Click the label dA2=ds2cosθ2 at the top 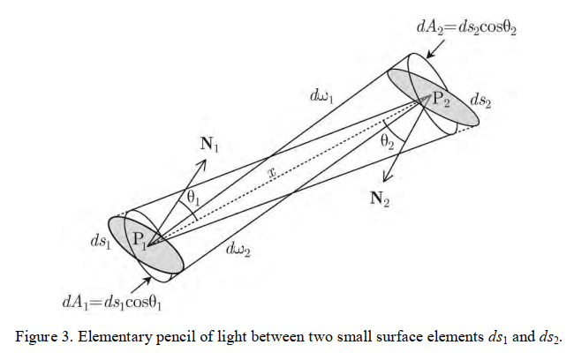[x=466, y=26]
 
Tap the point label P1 [x=140, y=238]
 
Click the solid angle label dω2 [x=239, y=251]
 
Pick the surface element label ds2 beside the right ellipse [x=481, y=101]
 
